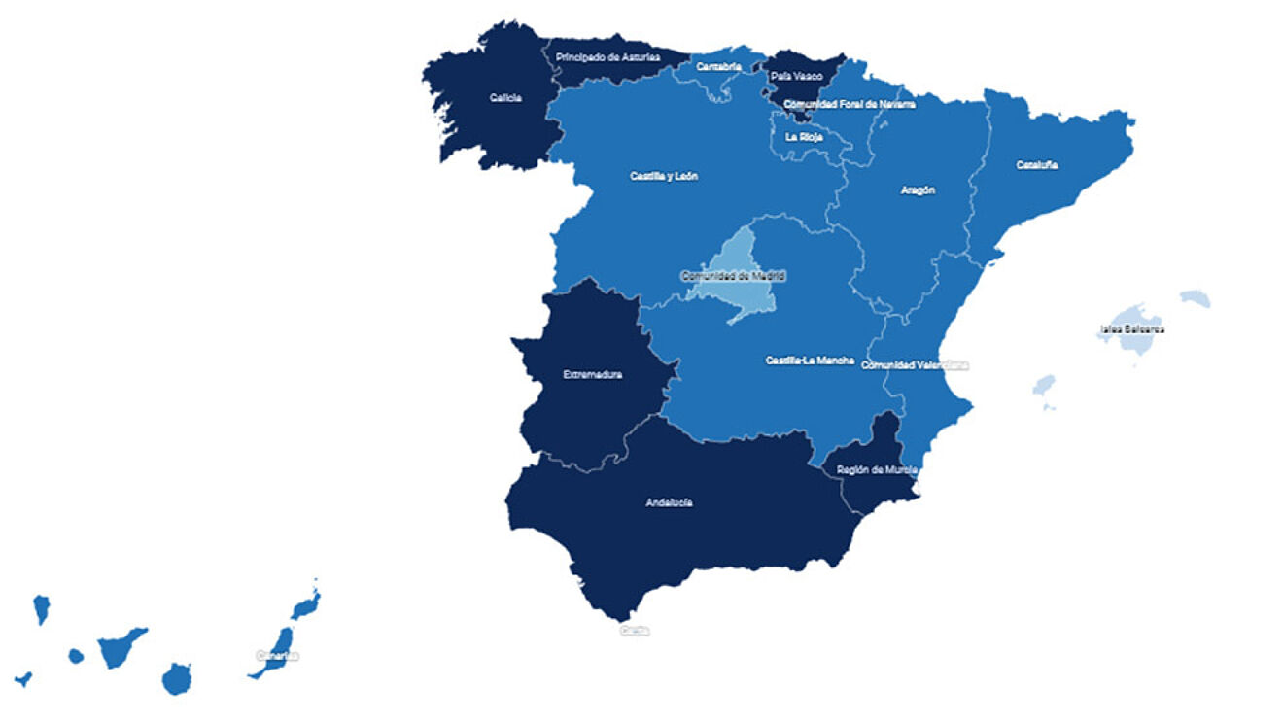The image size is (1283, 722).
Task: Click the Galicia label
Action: tap(505, 97)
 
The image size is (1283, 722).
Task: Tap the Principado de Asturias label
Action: tap(607, 57)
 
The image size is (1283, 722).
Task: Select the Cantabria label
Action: tap(719, 67)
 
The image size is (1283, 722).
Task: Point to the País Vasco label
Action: tap(796, 76)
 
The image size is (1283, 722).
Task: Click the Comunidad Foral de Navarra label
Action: tap(849, 104)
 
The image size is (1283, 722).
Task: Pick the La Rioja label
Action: tap(805, 137)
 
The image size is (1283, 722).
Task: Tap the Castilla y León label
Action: tap(663, 177)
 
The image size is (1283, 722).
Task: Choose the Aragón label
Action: tap(918, 190)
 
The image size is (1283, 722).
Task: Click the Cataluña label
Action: tap(1037, 165)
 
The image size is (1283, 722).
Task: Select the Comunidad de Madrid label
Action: tap(733, 276)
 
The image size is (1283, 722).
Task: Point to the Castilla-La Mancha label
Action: tap(810, 361)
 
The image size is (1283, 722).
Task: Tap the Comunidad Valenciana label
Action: tap(916, 365)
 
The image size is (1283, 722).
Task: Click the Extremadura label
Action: tap(593, 374)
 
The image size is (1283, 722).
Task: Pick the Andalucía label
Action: tap(669, 503)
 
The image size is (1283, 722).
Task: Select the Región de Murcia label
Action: tap(877, 470)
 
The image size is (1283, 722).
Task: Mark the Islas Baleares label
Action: tap(1131, 329)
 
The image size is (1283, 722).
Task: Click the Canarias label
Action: tap(277, 656)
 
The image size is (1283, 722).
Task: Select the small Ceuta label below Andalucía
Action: tap(635, 631)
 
